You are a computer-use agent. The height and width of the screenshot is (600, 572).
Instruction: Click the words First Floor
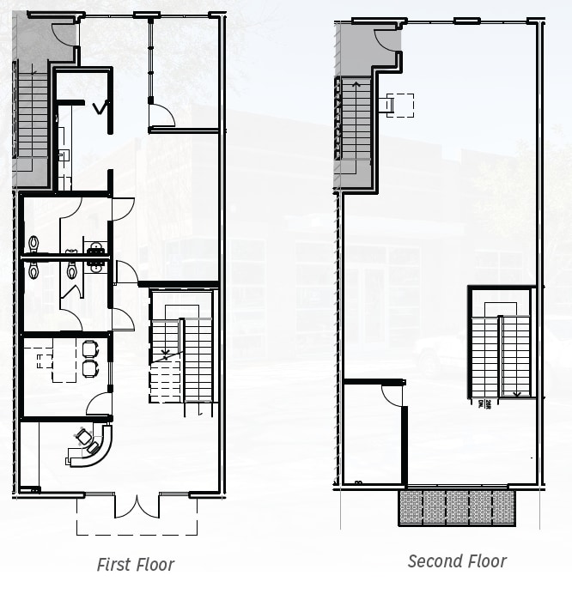pyautogui.click(x=135, y=565)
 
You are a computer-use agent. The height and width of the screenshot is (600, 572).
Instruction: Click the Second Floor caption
pyautogui.click(x=457, y=561)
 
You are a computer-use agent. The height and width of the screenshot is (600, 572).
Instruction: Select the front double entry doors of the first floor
pyautogui.click(x=137, y=506)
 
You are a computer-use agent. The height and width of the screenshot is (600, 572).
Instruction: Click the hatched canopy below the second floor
pyautogui.click(x=457, y=507)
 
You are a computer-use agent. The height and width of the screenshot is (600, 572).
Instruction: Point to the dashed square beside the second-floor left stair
pyautogui.click(x=400, y=105)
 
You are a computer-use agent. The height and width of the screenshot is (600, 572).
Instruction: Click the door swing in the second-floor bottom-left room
pyautogui.click(x=392, y=394)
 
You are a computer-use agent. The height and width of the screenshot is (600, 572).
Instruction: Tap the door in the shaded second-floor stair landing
pyautogui.click(x=387, y=39)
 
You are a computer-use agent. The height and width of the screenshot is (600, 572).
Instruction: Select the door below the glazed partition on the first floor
pyautogui.click(x=161, y=115)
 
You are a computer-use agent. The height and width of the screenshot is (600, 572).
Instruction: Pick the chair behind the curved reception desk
pyautogui.click(x=84, y=438)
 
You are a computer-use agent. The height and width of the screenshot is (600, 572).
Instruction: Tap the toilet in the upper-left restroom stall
pyautogui.click(x=33, y=244)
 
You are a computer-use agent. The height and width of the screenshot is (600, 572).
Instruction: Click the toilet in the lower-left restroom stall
pyautogui.click(x=33, y=270)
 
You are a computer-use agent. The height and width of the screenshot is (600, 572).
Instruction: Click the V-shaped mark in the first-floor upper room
pyautogui.click(x=101, y=107)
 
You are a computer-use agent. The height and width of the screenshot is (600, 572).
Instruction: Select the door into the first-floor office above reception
pyautogui.click(x=100, y=403)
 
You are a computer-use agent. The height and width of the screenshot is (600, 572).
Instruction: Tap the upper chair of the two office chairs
pyautogui.click(x=90, y=348)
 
